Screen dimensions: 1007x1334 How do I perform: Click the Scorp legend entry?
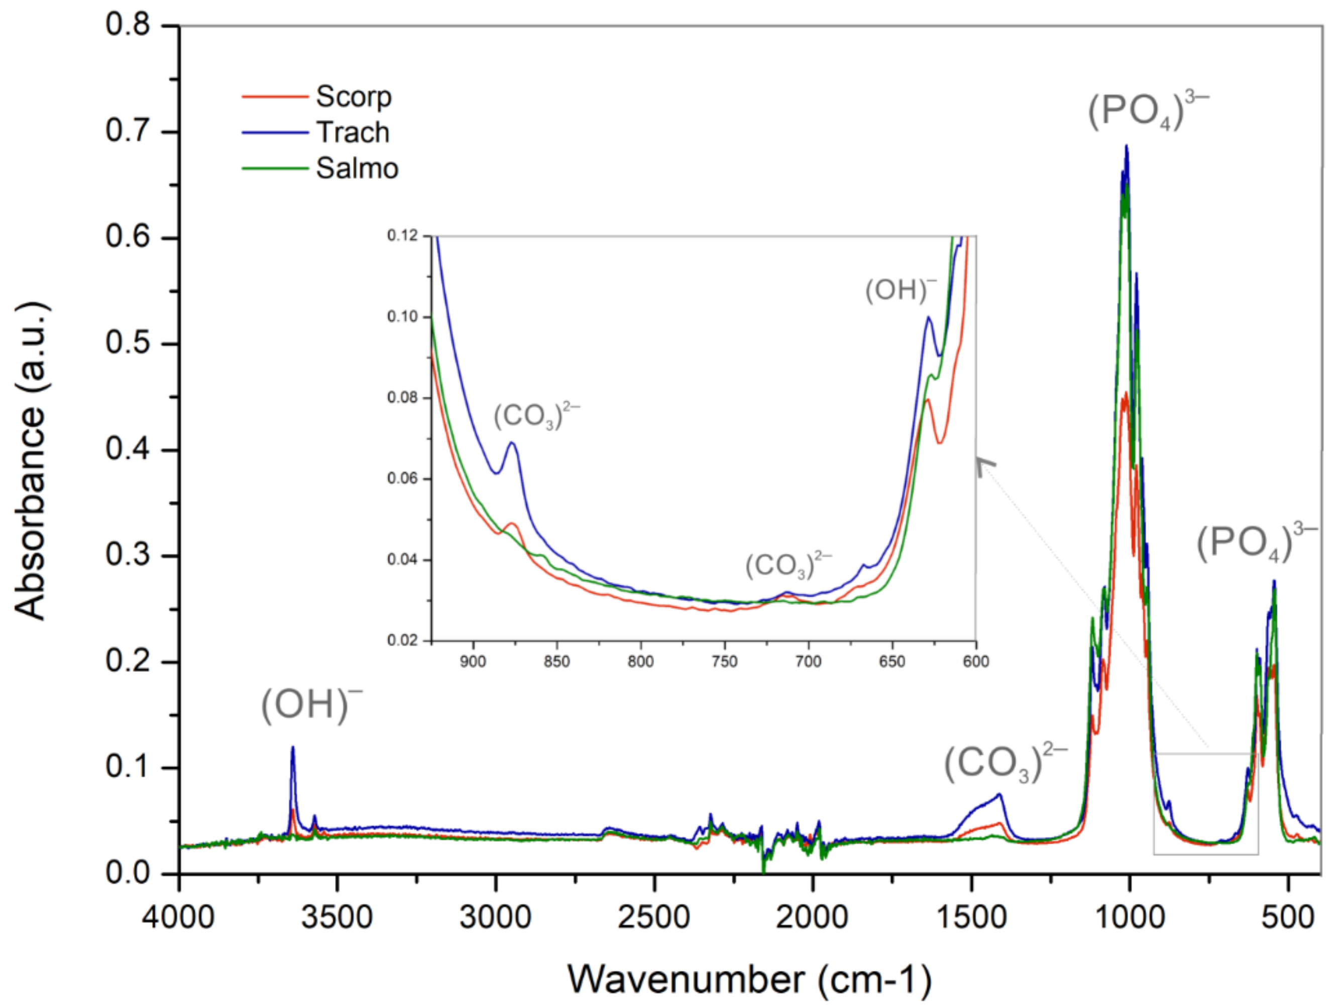(x=354, y=96)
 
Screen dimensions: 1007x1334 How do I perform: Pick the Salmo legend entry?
(x=357, y=168)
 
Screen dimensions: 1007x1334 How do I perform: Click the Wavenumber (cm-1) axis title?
(x=749, y=979)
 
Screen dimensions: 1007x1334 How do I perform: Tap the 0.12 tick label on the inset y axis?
(x=403, y=235)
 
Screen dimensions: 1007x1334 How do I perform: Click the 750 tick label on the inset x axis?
(x=724, y=662)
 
